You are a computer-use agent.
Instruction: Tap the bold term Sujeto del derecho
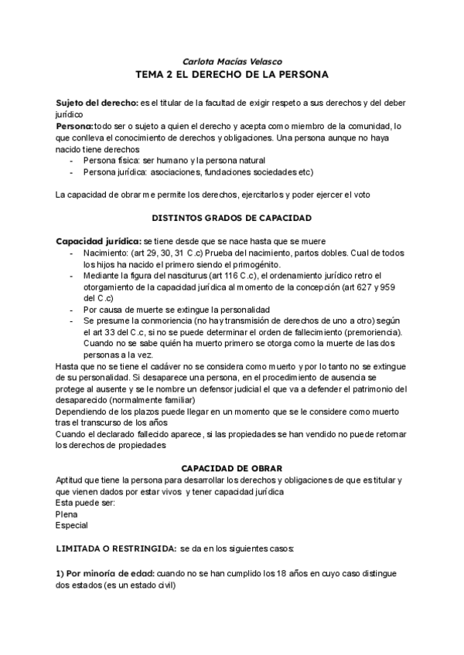coord(96,103)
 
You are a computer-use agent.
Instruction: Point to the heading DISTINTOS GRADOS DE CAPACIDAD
coord(231,218)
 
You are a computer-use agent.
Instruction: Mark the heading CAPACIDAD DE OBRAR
coord(231,469)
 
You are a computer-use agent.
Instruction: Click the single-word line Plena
coord(67,514)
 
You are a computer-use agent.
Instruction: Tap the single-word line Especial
coord(72,525)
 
